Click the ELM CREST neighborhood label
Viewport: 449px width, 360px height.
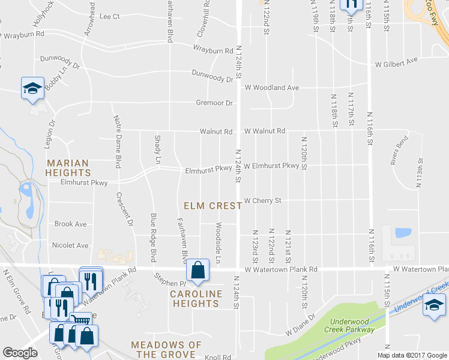point(212,206)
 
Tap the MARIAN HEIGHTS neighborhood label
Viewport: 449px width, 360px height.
point(68,167)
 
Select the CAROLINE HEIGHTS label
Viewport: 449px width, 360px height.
point(194,298)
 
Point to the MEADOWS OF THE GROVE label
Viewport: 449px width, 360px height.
point(166,350)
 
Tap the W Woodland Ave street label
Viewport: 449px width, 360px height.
point(271,88)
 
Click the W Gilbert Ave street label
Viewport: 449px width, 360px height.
point(396,62)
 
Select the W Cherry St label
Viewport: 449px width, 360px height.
point(262,200)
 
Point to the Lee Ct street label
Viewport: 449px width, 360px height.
point(110,16)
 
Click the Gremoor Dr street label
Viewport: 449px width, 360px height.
point(214,103)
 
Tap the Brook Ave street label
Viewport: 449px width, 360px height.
point(70,224)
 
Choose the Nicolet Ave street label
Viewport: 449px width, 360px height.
point(70,245)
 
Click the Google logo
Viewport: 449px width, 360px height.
point(20,353)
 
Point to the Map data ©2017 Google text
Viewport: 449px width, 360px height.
point(412,355)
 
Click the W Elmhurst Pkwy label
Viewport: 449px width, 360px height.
point(271,166)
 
